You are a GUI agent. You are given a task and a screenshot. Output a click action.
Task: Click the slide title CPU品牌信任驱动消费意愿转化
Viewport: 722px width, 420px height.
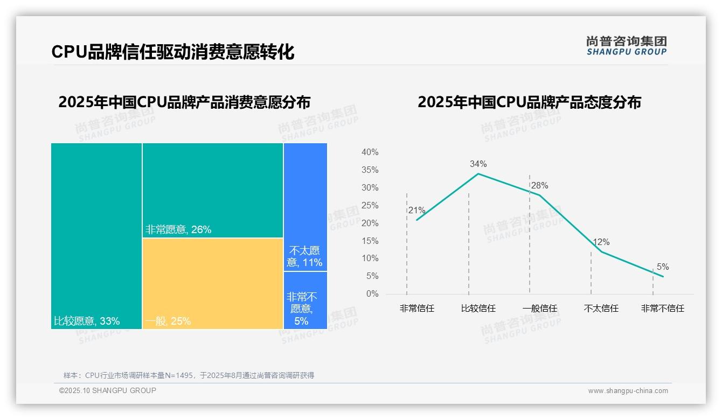coord(172,52)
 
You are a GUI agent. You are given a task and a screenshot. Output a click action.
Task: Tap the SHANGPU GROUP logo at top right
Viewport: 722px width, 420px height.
coord(626,46)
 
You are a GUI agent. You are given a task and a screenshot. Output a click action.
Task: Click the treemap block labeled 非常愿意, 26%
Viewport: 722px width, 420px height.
coord(212,190)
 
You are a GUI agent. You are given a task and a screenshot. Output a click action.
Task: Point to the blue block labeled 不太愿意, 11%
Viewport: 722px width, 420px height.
coord(305,207)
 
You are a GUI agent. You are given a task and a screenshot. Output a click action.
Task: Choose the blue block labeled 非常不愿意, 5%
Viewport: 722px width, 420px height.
coord(305,300)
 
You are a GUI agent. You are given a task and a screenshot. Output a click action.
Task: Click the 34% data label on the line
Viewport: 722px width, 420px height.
coord(478,164)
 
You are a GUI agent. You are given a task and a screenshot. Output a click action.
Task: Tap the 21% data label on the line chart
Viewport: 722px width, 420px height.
coord(416,210)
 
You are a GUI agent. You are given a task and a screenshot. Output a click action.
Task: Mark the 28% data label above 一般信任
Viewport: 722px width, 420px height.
coord(539,185)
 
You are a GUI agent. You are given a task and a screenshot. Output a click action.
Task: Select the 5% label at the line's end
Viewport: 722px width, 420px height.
coord(662,267)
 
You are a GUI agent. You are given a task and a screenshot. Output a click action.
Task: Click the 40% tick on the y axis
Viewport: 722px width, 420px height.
coord(370,152)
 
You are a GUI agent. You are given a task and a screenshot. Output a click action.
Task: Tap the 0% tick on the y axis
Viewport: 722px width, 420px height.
coord(372,294)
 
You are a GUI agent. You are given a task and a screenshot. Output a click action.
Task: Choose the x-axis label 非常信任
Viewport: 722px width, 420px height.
coord(416,309)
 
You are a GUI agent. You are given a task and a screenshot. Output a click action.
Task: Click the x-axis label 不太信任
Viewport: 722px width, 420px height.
coord(601,309)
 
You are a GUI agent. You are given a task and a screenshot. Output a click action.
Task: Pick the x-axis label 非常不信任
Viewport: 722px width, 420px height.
coord(662,309)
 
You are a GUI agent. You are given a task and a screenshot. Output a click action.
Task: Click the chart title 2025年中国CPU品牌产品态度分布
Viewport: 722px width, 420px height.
coord(529,102)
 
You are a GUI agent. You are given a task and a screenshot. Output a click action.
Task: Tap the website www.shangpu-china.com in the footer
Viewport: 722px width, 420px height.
coord(628,391)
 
